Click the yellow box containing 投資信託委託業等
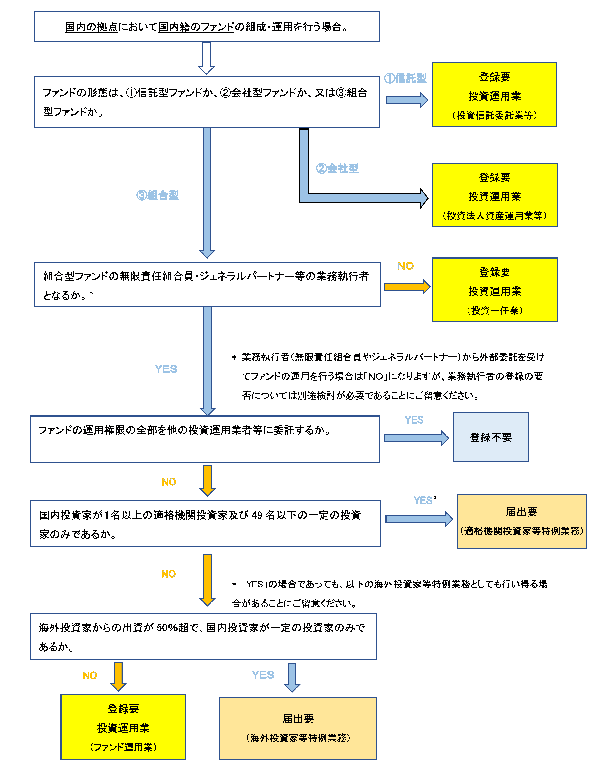pos(495,95)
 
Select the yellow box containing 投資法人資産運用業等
pos(495,195)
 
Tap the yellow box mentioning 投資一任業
pos(495,290)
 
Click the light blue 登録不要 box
pos(491,437)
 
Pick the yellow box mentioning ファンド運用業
pos(123,727)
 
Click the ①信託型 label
pos(405,78)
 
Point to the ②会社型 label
pos(337,168)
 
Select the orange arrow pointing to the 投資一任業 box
pos(407,286)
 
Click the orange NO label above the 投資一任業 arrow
pos(405,266)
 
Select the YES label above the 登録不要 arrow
pos(414,420)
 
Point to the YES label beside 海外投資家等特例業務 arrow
pos(263,675)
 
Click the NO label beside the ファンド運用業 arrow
pos(90,676)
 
